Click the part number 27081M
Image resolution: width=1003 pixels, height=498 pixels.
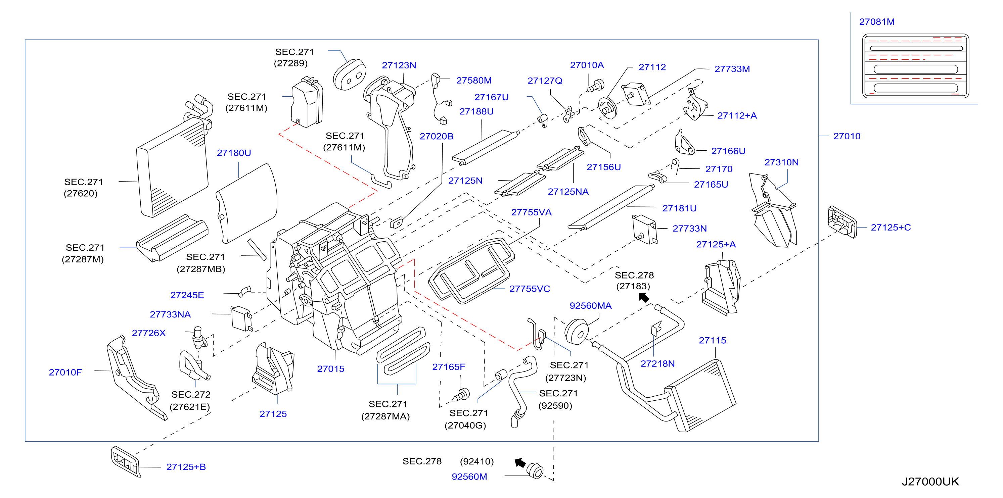point(876,22)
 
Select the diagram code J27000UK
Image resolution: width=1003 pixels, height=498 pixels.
point(930,482)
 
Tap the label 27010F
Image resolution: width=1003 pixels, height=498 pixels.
point(65,372)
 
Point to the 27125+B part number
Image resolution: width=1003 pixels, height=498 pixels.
point(186,467)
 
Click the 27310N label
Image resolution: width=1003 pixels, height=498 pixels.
point(781,162)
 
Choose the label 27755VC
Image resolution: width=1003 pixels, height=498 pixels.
point(530,289)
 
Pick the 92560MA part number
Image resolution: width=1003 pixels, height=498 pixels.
point(591,306)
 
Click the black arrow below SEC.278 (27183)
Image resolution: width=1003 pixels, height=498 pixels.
point(644,298)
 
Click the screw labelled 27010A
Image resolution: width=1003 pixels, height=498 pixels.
point(596,86)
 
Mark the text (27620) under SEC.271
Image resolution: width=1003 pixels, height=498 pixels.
point(81,193)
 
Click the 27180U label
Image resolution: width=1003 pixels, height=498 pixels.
point(234,153)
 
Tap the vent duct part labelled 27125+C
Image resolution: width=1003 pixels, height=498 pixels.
point(842,222)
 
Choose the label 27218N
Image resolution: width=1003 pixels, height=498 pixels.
point(657,364)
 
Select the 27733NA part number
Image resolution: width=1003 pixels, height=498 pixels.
point(170,314)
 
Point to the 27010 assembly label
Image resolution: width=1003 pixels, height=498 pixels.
point(847,136)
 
